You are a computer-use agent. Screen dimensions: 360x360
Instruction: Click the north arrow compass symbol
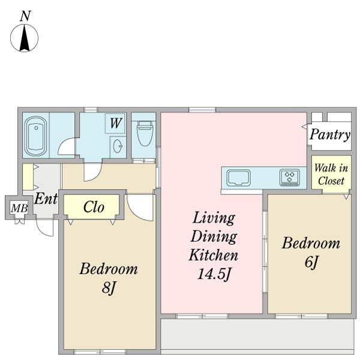tap(25, 38)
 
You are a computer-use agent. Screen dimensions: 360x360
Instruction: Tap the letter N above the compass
tap(25, 16)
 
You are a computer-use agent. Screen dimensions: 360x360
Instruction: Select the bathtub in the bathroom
tap(35, 136)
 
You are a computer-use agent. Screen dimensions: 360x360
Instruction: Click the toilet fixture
tap(145, 133)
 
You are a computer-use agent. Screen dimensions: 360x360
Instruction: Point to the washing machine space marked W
tap(115, 123)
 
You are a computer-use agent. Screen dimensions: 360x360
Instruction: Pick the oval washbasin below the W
tap(118, 146)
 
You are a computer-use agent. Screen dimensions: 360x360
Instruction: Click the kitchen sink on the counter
tap(238, 178)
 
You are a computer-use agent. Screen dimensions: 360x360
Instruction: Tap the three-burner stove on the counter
tap(290, 177)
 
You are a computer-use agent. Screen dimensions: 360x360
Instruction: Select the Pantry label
tap(330, 135)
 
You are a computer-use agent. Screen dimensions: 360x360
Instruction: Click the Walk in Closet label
tap(331, 174)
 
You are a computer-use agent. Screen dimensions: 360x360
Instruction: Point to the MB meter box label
tap(19, 208)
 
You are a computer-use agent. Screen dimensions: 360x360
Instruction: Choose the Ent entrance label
tap(46, 199)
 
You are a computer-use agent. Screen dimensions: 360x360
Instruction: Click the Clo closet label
tap(94, 207)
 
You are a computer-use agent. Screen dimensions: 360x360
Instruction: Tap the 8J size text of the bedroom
tap(109, 287)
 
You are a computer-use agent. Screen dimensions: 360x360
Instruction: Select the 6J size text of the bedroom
tap(311, 262)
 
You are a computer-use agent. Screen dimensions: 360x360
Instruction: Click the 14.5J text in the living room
tap(214, 274)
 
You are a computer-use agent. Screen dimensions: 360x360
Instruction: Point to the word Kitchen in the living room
tap(213, 255)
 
